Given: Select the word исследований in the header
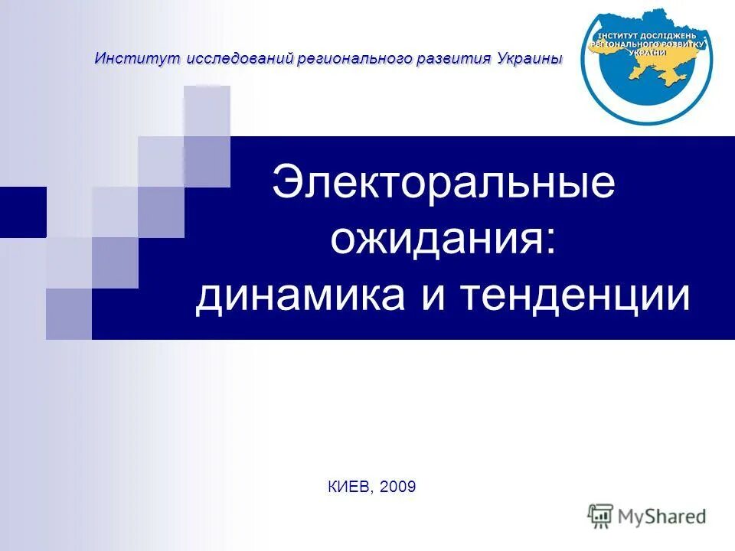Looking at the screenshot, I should coord(228,59).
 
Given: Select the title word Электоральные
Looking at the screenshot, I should coord(443,184).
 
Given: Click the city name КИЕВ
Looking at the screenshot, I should coord(348,487).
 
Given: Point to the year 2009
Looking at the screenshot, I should coord(397,487).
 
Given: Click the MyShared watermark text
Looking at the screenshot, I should coord(663,516).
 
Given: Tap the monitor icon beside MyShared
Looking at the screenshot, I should coord(601,516).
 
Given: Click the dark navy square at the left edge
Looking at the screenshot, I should coord(23,212).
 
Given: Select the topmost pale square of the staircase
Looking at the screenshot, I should coord(207,111).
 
